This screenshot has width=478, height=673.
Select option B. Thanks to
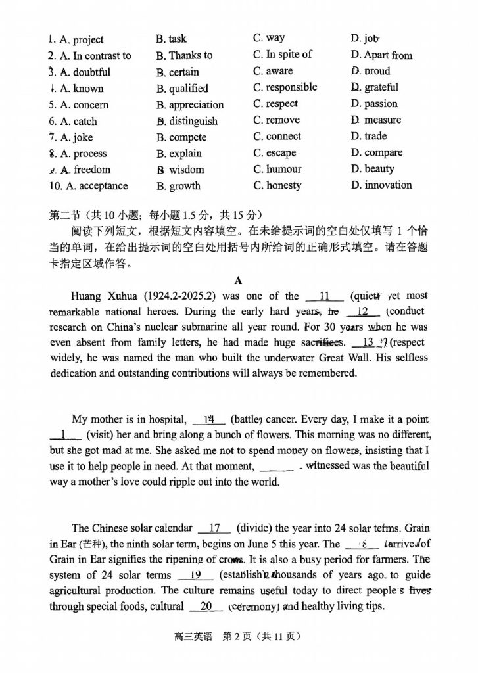(x=184, y=55)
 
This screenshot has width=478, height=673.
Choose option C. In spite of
(x=282, y=54)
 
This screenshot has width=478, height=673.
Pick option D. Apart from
(x=381, y=55)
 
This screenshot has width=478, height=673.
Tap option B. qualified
(x=182, y=88)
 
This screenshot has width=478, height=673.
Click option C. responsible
(x=285, y=87)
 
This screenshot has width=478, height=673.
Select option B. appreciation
(x=190, y=104)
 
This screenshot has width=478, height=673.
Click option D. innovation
(x=381, y=185)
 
